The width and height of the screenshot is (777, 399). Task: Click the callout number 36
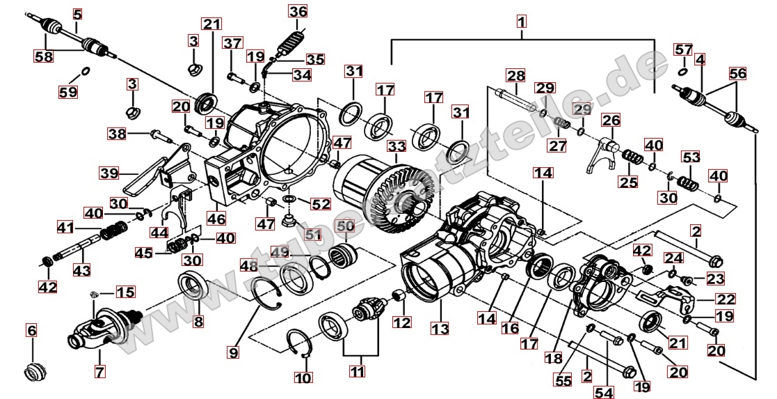click(298, 12)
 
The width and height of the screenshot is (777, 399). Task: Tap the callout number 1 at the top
click(521, 22)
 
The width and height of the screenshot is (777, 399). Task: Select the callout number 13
click(440, 327)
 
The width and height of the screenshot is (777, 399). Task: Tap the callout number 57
click(683, 49)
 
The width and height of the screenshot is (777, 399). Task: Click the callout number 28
click(515, 75)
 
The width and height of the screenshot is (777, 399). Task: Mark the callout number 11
click(357, 371)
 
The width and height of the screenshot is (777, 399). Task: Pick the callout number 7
click(100, 373)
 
